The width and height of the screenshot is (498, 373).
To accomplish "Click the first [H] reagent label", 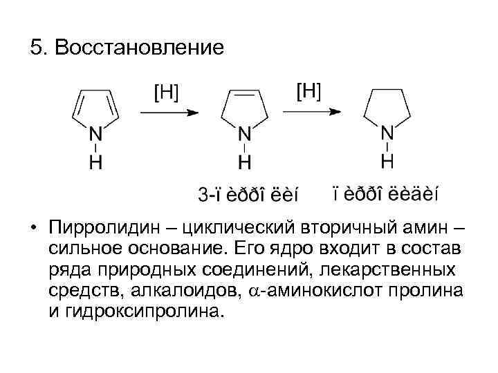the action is click(165, 92).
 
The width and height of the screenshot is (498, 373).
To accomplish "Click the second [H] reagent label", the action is click(308, 90).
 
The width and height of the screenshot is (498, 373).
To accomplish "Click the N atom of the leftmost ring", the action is click(97, 133).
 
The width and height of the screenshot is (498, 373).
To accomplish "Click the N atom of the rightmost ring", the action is click(388, 132).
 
